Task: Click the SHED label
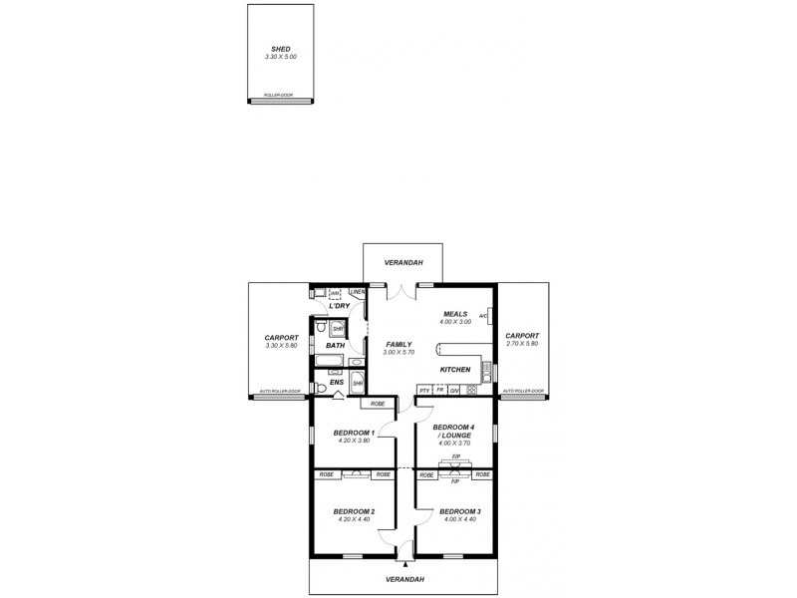pyautogui.click(x=281, y=48)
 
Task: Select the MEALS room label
pyautogui.click(x=454, y=313)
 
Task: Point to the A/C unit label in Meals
pyautogui.click(x=483, y=316)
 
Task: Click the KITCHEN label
pyautogui.click(x=454, y=370)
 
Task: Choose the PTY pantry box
pyautogui.click(x=424, y=390)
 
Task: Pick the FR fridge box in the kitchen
pyautogui.click(x=439, y=390)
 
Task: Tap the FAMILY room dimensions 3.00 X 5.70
pyautogui.click(x=398, y=353)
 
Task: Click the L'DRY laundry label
pyautogui.click(x=339, y=306)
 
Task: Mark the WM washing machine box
pyautogui.click(x=335, y=293)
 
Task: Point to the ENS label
pyautogui.click(x=337, y=382)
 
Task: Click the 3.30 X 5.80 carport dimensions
pyautogui.click(x=281, y=345)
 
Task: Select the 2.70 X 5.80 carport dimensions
pyautogui.click(x=522, y=344)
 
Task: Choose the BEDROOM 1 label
pyautogui.click(x=354, y=433)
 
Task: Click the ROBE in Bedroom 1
pyautogui.click(x=378, y=404)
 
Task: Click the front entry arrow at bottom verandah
pyautogui.click(x=405, y=563)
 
